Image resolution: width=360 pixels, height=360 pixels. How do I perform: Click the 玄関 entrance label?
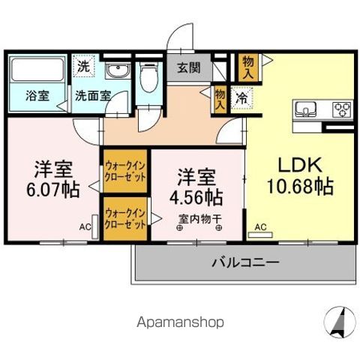[x=189, y=67]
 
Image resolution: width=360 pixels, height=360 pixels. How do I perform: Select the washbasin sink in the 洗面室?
[x=115, y=71]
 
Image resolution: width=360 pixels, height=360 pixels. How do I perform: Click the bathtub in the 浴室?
[x=38, y=71]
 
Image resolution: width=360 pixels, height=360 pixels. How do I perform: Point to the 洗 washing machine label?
[x=84, y=66]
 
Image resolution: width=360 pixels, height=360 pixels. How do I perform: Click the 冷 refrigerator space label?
[x=241, y=97]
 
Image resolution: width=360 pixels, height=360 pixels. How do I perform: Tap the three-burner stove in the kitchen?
[x=341, y=109]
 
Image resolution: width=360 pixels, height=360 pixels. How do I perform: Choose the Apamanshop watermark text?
[x=180, y=322]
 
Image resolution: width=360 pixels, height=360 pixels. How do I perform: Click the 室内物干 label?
[x=199, y=220]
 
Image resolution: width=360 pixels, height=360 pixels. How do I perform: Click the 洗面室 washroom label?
[x=92, y=96]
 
